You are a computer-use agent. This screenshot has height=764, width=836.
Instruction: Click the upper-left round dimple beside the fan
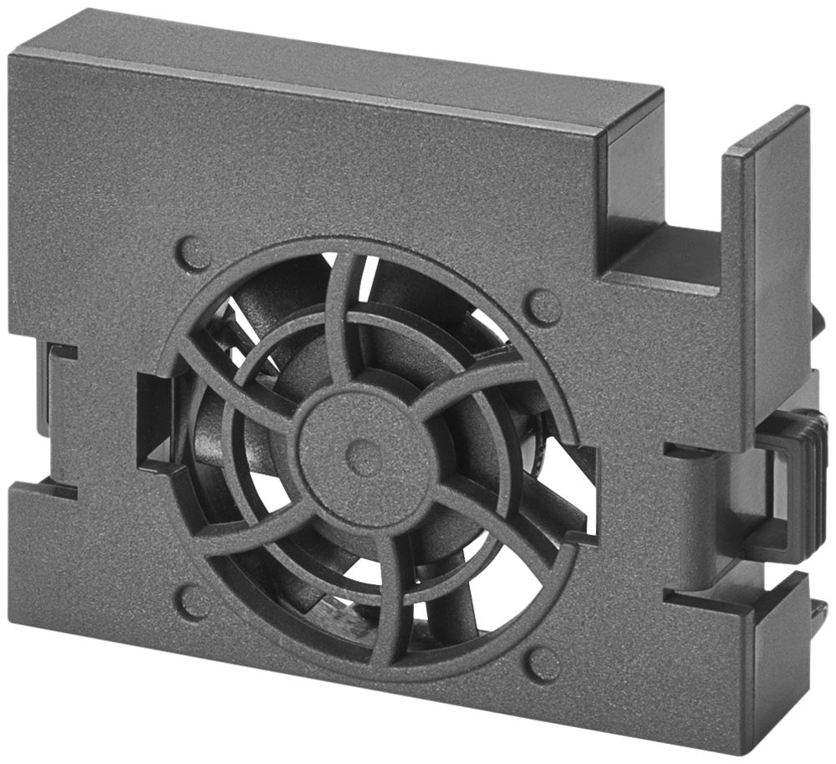[x=193, y=252]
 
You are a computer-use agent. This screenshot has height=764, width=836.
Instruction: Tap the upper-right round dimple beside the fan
[x=543, y=307]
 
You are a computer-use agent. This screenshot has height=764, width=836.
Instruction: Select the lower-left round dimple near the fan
[x=192, y=601]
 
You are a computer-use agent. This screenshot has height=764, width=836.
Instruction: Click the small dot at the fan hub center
[x=364, y=456]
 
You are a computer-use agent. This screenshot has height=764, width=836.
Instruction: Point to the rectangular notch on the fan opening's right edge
[x=585, y=493]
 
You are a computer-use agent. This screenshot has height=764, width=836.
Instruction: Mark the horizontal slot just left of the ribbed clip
[x=690, y=451]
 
